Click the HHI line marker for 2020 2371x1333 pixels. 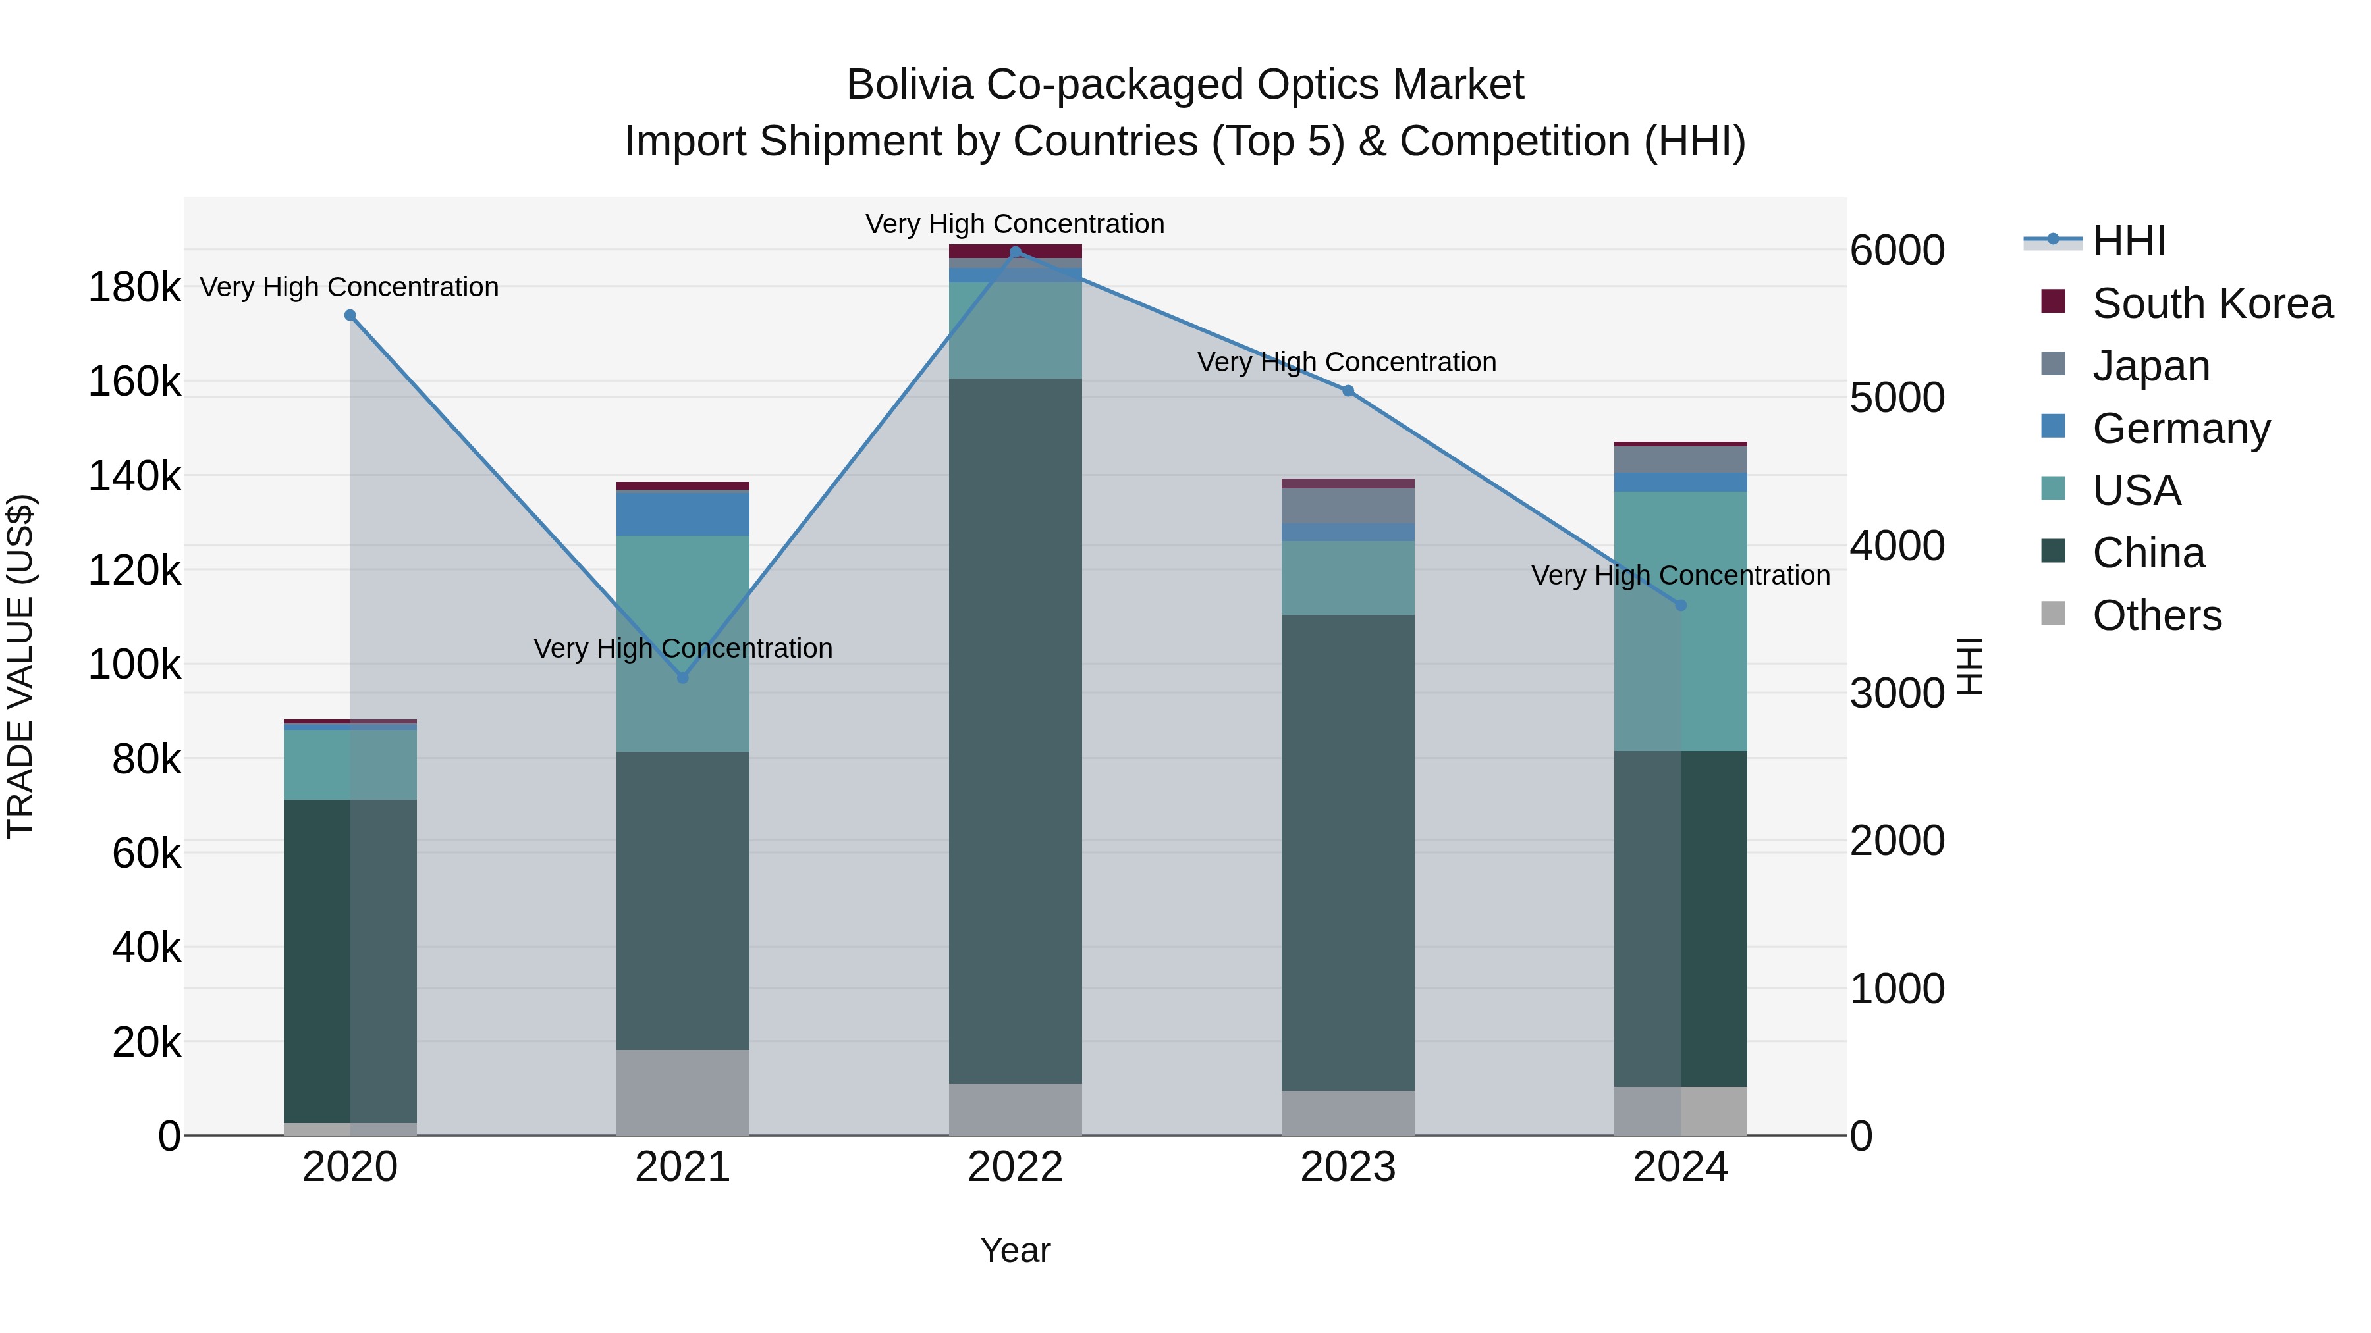point(350,315)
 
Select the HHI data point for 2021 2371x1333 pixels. point(682,678)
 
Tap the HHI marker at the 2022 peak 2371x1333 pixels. point(1015,252)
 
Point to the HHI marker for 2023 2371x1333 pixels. point(1348,391)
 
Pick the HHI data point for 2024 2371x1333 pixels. point(1681,606)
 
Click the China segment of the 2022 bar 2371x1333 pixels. point(1015,731)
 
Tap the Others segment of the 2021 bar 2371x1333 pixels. point(682,1092)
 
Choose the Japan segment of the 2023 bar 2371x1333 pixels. point(1348,506)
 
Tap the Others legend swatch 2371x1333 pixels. point(2052,614)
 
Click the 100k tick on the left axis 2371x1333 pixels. point(134,664)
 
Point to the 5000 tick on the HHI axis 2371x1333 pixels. point(1897,398)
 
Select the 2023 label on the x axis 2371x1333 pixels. point(1348,1167)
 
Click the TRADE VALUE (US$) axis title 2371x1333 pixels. point(20,666)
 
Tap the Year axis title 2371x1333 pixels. point(1015,1250)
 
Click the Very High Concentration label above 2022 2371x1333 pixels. point(1014,224)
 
